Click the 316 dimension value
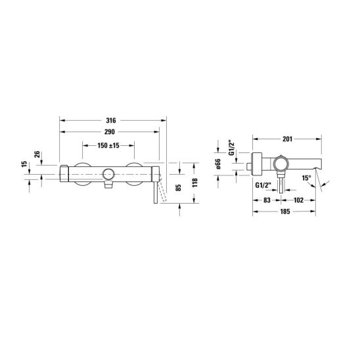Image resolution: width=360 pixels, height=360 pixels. [111, 120]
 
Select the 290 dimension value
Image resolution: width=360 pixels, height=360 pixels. [110, 132]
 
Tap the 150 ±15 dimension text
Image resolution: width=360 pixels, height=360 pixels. [108, 145]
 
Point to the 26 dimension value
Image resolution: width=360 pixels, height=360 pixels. [37, 154]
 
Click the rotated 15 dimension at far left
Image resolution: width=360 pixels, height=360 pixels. [24, 164]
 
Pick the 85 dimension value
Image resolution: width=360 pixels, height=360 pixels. [179, 187]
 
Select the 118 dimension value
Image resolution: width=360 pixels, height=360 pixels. [195, 183]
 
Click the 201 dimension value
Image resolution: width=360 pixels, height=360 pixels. [288, 139]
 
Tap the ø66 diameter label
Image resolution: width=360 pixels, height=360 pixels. [218, 164]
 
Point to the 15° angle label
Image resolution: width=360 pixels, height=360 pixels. [306, 178]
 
